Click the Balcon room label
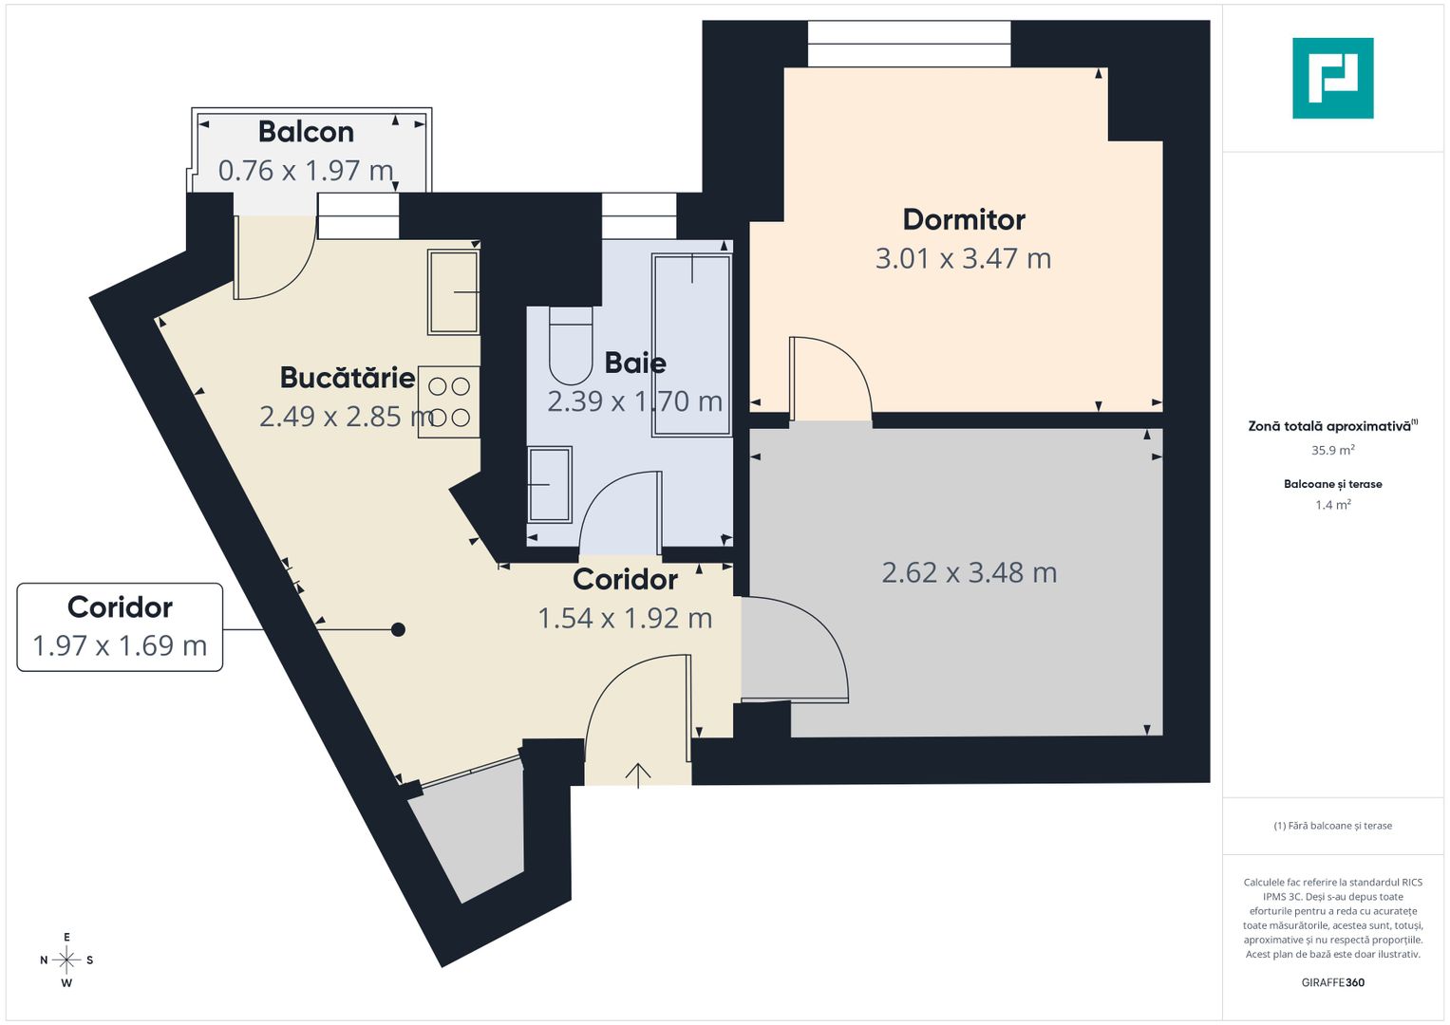coord(306,132)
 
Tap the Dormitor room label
coord(964,220)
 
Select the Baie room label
coord(635,363)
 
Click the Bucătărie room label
coord(348,378)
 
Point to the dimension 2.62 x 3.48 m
coord(969,572)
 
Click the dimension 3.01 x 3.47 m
coord(963,258)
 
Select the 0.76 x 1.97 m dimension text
coord(306,171)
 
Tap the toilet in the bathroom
coord(571,346)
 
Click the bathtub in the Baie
coord(691,345)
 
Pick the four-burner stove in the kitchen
coord(449,401)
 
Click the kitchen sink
coord(453,291)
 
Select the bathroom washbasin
coord(550,484)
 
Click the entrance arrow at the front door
coord(638,774)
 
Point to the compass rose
coord(66,960)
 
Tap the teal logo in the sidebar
coord(1332,78)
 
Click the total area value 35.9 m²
coord(1332,451)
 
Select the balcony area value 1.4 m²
coord(1332,505)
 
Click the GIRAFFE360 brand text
coord(1332,982)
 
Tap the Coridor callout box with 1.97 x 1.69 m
coord(120,627)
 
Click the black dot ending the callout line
coord(399,629)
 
